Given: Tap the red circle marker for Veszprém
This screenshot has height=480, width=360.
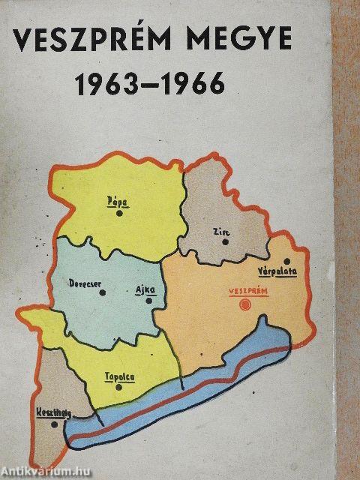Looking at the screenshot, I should click(243, 304).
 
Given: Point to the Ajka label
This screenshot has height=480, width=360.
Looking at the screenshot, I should click(145, 289).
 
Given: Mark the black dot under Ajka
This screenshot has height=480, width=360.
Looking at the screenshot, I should click(149, 301).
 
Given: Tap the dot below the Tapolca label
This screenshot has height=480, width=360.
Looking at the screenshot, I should click(120, 388).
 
